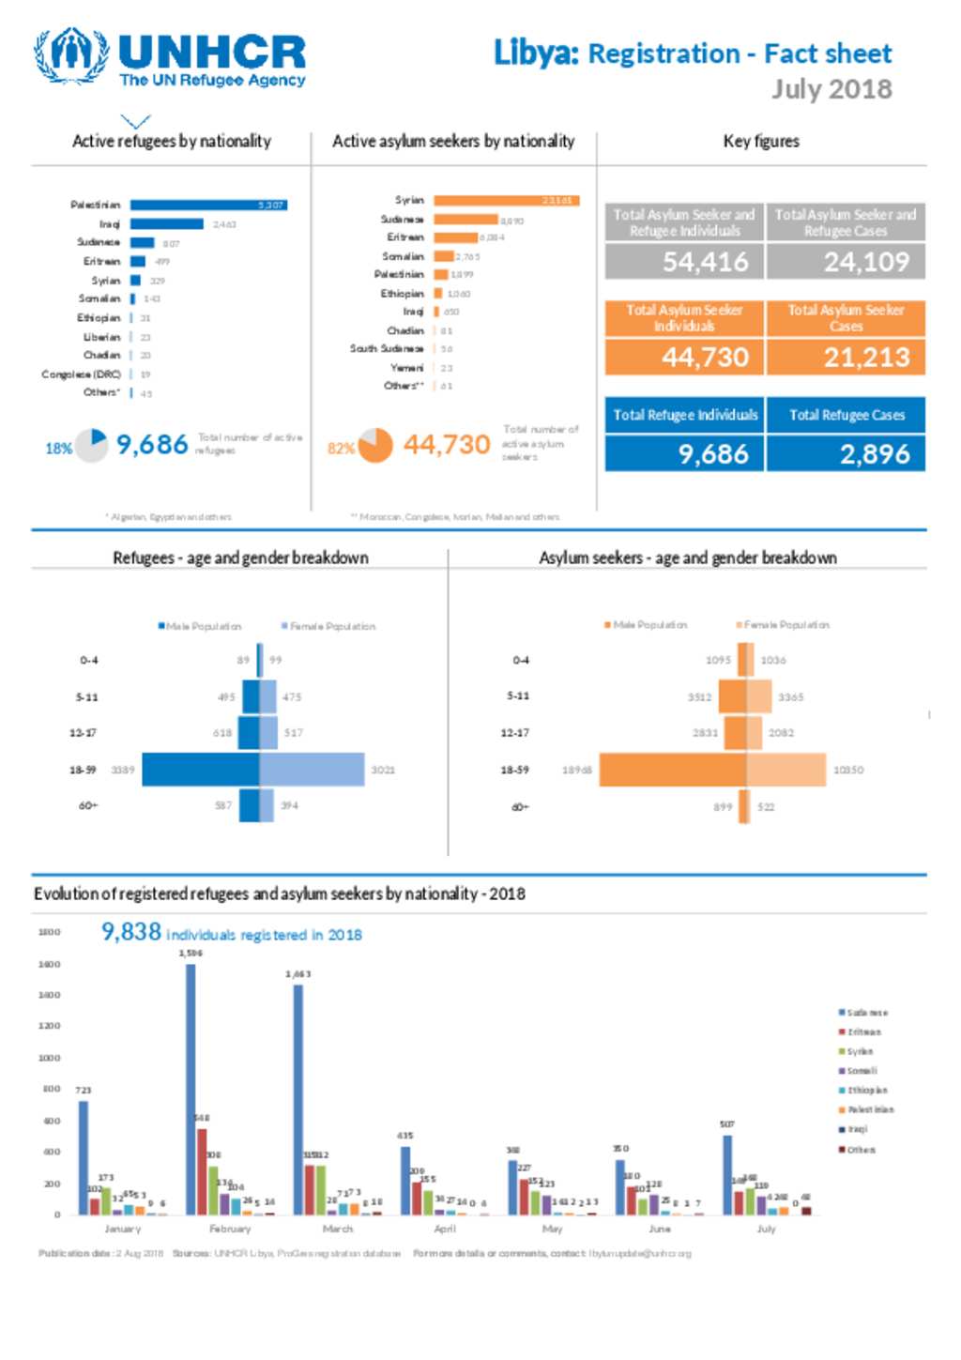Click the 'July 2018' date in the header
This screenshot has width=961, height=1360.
[831, 89]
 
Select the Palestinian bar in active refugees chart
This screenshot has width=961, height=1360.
[208, 205]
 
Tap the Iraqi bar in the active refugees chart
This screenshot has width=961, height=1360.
[166, 224]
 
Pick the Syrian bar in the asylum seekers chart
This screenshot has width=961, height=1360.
[506, 200]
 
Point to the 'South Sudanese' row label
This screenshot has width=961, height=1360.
[387, 348]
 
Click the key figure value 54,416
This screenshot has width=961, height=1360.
[705, 262]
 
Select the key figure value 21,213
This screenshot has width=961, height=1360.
[866, 358]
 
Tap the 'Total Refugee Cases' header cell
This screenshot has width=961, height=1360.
[847, 415]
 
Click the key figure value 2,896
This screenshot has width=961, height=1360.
[874, 454]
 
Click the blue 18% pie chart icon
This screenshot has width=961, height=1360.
[92, 445]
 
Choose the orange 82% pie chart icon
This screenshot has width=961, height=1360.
[375, 445]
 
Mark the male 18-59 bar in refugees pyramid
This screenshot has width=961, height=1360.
[200, 769]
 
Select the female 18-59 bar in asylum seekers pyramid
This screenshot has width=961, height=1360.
[786, 770]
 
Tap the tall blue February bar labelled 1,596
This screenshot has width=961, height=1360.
[191, 1089]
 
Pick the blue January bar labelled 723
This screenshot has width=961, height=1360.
[84, 1157]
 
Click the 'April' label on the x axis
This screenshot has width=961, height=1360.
[445, 1229]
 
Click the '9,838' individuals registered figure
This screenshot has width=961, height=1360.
[131, 932]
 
